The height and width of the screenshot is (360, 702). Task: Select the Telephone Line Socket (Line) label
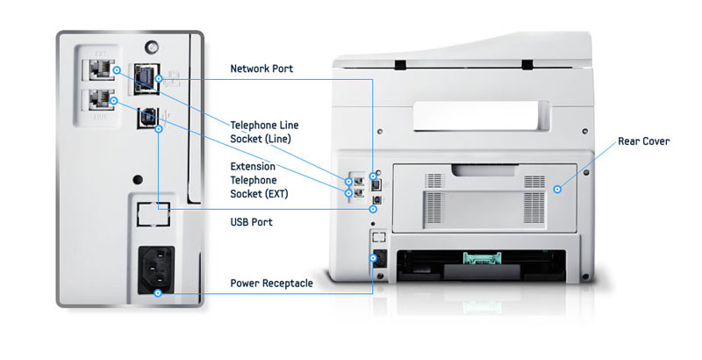point(265,132)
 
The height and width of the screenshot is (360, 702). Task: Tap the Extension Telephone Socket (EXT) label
point(259,179)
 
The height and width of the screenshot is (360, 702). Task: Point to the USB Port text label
point(251,222)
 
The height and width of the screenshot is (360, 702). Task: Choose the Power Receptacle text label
point(271,283)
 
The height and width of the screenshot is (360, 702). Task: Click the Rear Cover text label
point(643,140)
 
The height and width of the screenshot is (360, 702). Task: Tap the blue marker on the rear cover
point(556,187)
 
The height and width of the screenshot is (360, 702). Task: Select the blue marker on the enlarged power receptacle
point(157,292)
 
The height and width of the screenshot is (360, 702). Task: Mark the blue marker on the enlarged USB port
point(157,130)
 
